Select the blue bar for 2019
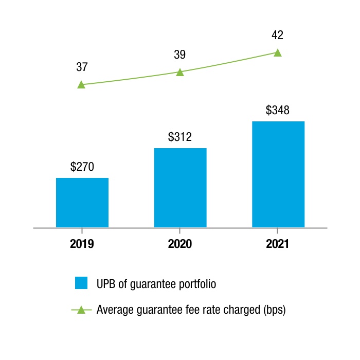(82, 203)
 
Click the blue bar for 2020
(180, 188)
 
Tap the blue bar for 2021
(278, 174)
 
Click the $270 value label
(82, 167)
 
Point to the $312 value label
(180, 137)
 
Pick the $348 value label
(278, 110)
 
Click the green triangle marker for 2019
(81, 85)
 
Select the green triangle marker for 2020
(180, 72)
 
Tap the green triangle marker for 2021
(278, 53)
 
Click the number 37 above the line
(82, 67)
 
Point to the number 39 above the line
(180, 55)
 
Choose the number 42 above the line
(277, 35)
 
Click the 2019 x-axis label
(82, 244)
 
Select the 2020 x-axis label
(180, 244)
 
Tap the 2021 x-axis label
(277, 244)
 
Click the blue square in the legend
(81, 283)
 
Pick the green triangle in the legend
(81, 310)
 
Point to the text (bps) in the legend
(275, 310)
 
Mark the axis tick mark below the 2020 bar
(180, 231)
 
